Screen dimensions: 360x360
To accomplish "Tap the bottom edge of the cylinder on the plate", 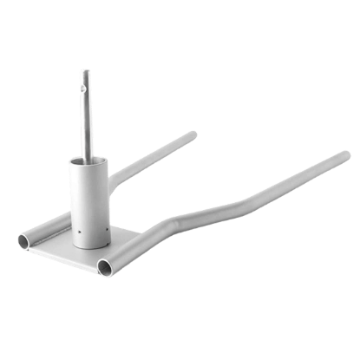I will [91, 246].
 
